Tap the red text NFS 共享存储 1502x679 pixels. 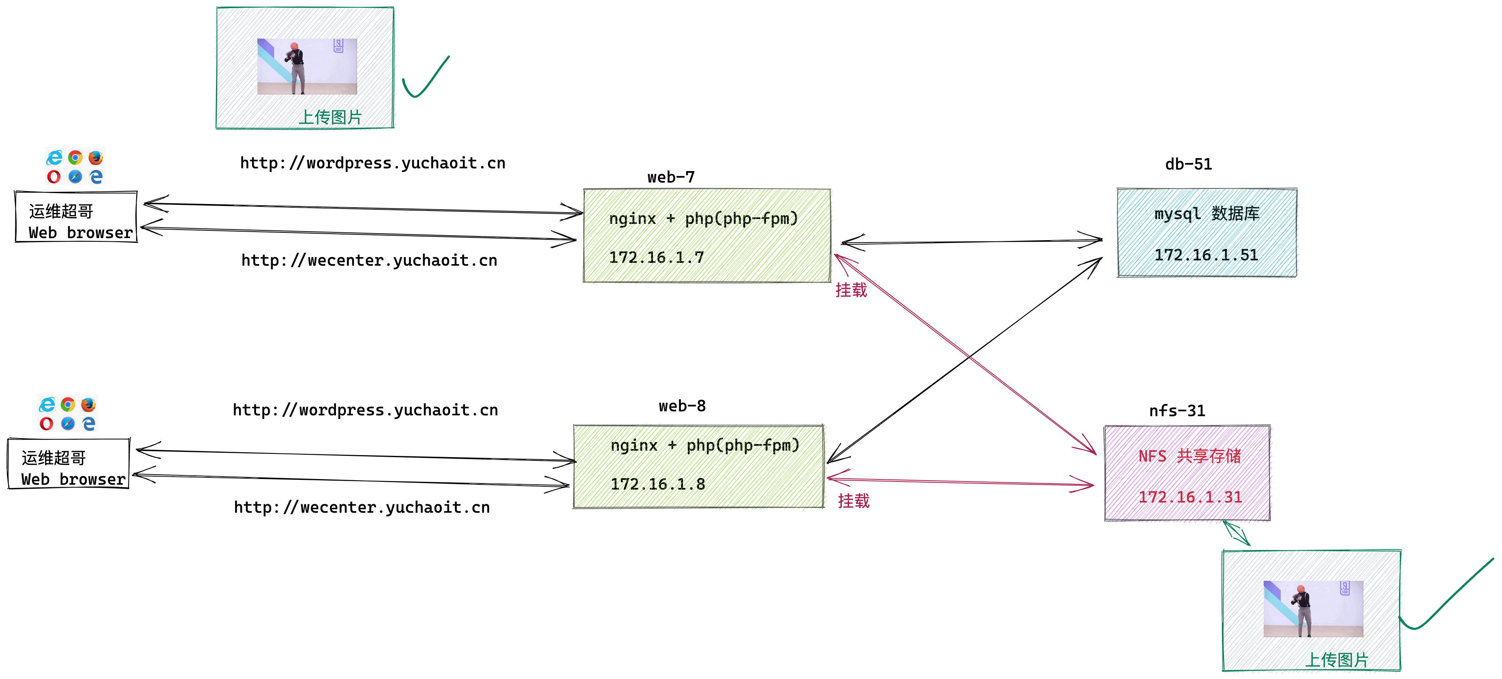point(1190,456)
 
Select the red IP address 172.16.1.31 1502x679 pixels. point(1190,497)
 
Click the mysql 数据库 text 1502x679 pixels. point(1207,213)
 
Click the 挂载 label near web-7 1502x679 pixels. point(851,290)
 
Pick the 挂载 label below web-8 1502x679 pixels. point(853,501)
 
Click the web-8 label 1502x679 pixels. point(682,406)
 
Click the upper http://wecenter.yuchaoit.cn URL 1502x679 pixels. point(369,260)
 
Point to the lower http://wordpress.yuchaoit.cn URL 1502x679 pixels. point(365,410)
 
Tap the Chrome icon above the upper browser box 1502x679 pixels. point(75,157)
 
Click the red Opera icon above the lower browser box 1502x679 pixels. point(46,423)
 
